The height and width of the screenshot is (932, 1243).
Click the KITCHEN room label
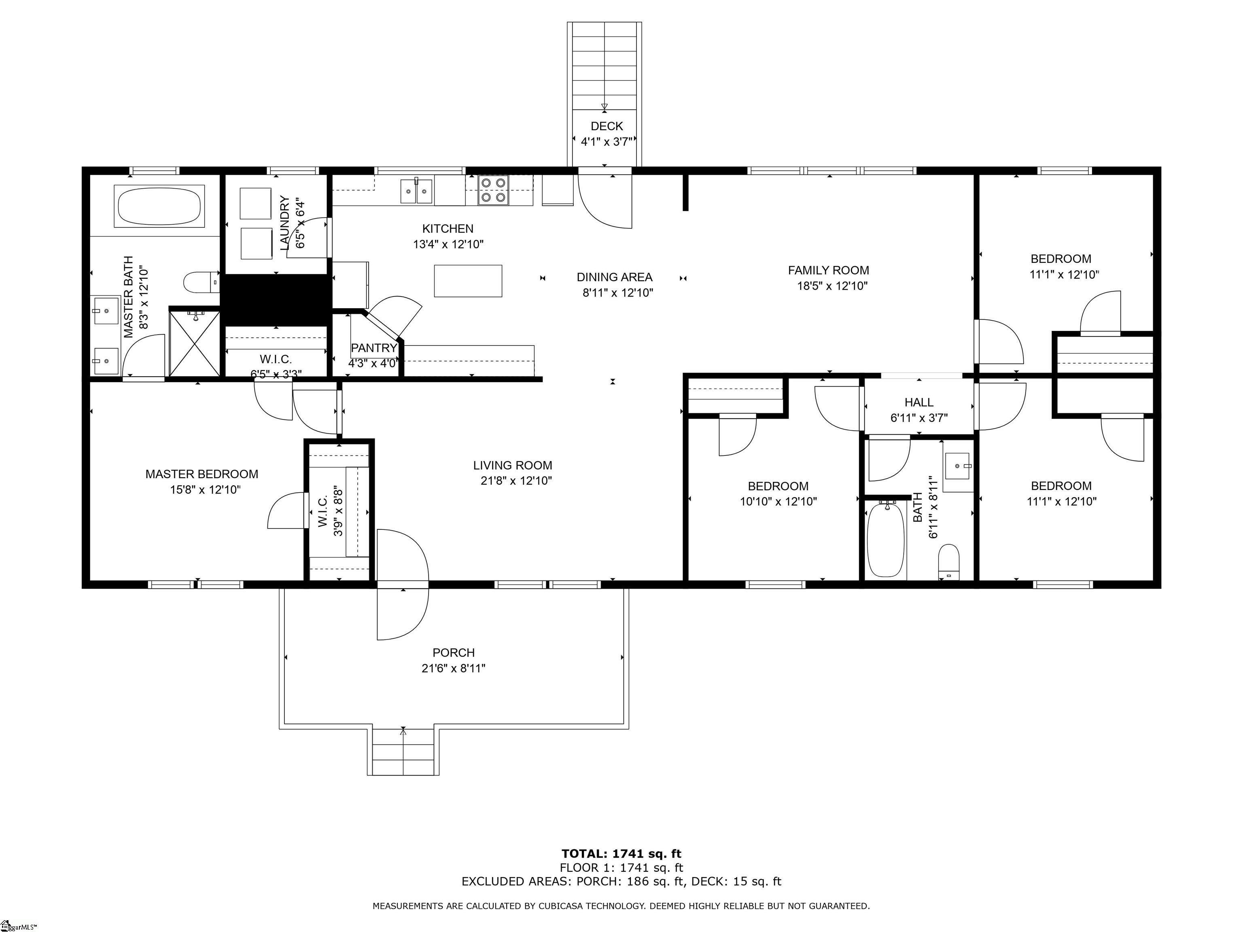448,229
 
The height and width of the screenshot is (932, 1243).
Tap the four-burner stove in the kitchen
493,190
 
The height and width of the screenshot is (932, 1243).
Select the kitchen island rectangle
468,281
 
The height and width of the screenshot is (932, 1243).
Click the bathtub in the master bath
159,206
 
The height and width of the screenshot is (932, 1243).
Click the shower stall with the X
195,343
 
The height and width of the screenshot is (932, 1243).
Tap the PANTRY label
374,348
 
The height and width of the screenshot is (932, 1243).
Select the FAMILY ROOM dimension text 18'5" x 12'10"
832,286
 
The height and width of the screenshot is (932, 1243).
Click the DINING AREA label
614,277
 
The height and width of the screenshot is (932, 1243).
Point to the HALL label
919,402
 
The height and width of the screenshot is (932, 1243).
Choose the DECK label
607,126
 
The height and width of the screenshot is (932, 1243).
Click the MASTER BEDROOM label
202,474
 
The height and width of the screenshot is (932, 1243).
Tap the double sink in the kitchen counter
416,191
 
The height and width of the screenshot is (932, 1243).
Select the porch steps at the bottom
403,751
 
